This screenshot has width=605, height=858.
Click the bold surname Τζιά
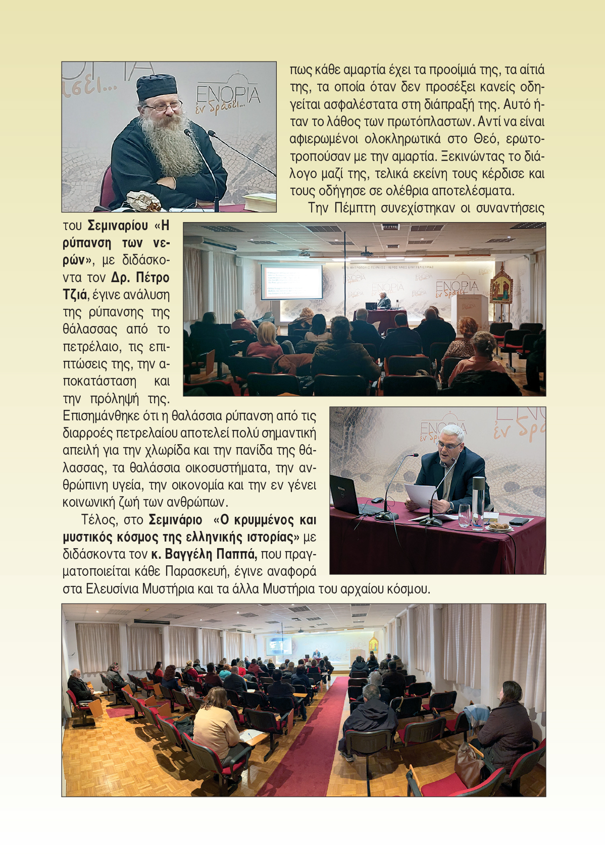tap(75, 294)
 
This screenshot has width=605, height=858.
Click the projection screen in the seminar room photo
tap(291, 282)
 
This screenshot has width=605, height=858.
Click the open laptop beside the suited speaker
tap(349, 496)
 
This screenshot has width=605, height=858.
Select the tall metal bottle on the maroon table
tap(478, 502)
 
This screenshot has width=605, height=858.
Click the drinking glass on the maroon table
tap(464, 515)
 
